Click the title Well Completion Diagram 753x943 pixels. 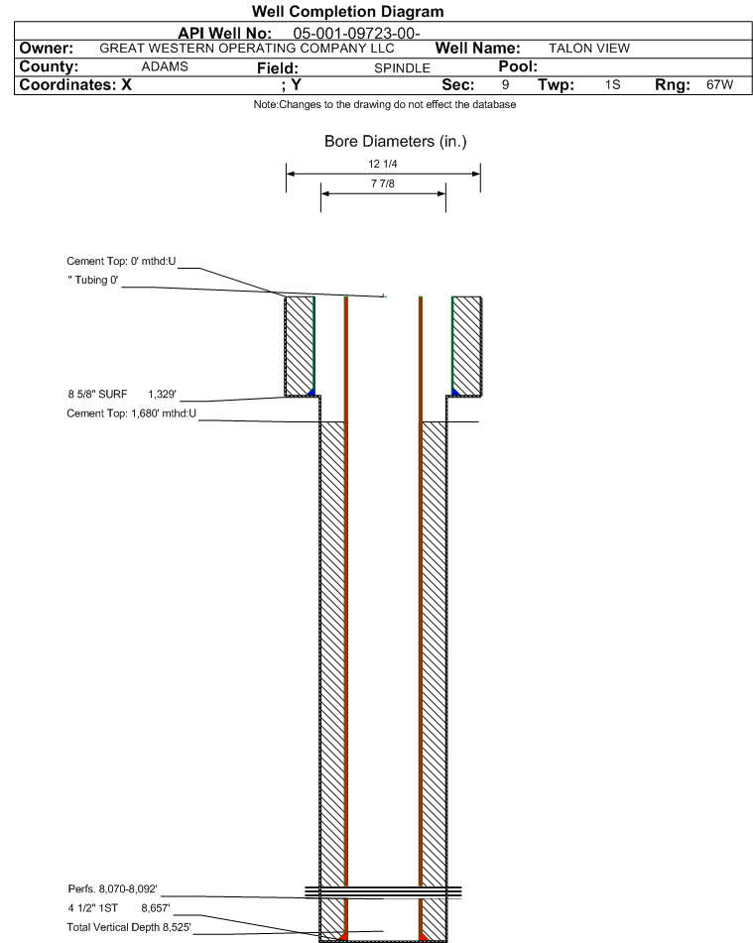click(348, 12)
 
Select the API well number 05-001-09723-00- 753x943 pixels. click(356, 33)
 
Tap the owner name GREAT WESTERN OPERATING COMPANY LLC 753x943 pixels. click(247, 49)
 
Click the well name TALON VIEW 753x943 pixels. click(589, 49)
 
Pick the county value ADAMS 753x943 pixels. click(165, 66)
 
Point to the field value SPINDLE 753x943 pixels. click(402, 68)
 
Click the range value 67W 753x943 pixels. click(720, 85)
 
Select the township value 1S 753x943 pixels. click(613, 85)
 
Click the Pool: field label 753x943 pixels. click(518, 66)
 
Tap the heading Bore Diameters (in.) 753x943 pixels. click(396, 142)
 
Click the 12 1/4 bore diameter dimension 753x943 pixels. click(383, 164)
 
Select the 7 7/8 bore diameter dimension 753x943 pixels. click(383, 183)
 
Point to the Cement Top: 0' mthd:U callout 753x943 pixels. click(121, 261)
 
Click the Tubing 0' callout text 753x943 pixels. click(93, 280)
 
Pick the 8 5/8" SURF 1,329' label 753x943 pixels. click(122, 394)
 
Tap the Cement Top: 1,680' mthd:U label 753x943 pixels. click(131, 413)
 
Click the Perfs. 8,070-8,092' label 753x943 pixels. click(112, 888)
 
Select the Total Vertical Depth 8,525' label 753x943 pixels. click(129, 927)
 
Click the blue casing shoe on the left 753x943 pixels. click(312, 392)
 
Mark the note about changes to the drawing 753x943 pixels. click(385, 105)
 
